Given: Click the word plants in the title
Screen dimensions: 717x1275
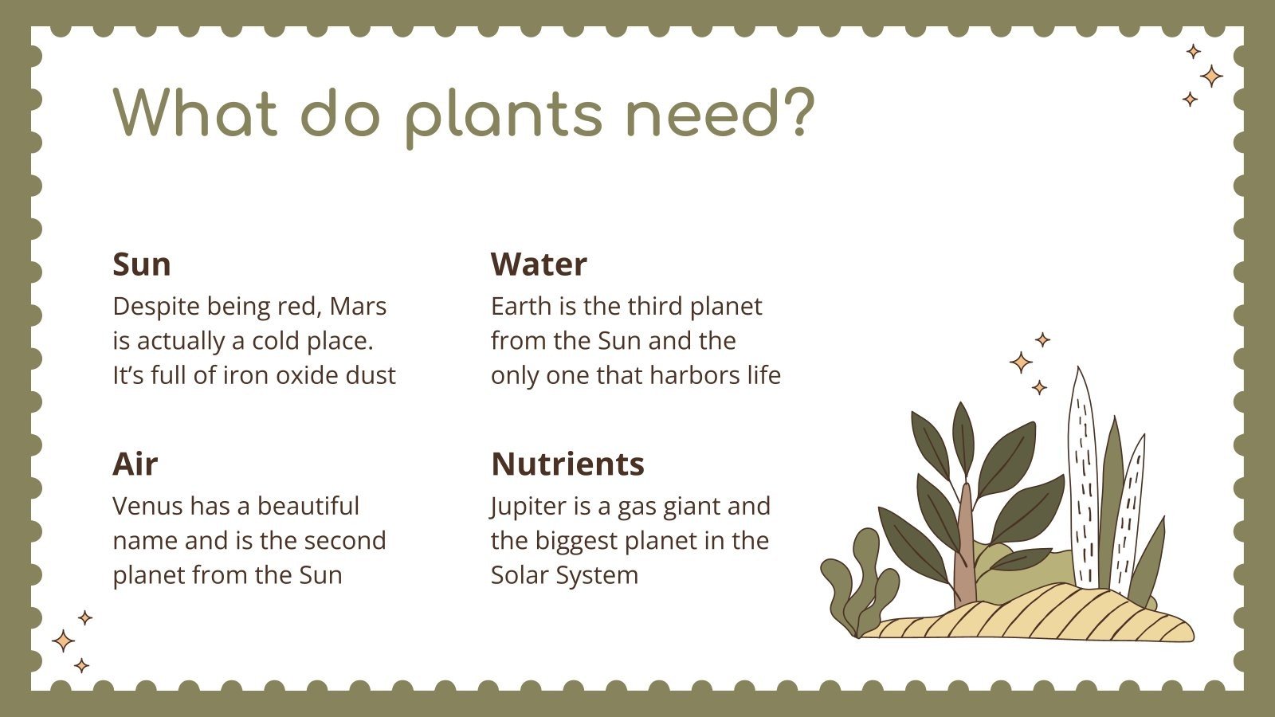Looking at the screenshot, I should (x=503, y=113).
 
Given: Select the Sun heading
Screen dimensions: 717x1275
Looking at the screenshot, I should (x=142, y=264).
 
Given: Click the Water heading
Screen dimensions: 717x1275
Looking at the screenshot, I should (x=539, y=264).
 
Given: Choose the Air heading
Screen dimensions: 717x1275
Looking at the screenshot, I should (x=135, y=464).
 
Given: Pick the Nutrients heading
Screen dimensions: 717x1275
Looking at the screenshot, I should (x=567, y=464).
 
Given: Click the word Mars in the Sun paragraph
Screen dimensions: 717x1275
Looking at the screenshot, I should (x=358, y=306).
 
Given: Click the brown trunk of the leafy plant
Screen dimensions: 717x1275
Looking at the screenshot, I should (x=965, y=558).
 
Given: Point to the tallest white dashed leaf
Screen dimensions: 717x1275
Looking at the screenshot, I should (x=1082, y=478).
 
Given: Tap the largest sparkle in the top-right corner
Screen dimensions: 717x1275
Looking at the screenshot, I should (x=1211, y=76).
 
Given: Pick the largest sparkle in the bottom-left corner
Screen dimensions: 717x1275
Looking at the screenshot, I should (x=63, y=641).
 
